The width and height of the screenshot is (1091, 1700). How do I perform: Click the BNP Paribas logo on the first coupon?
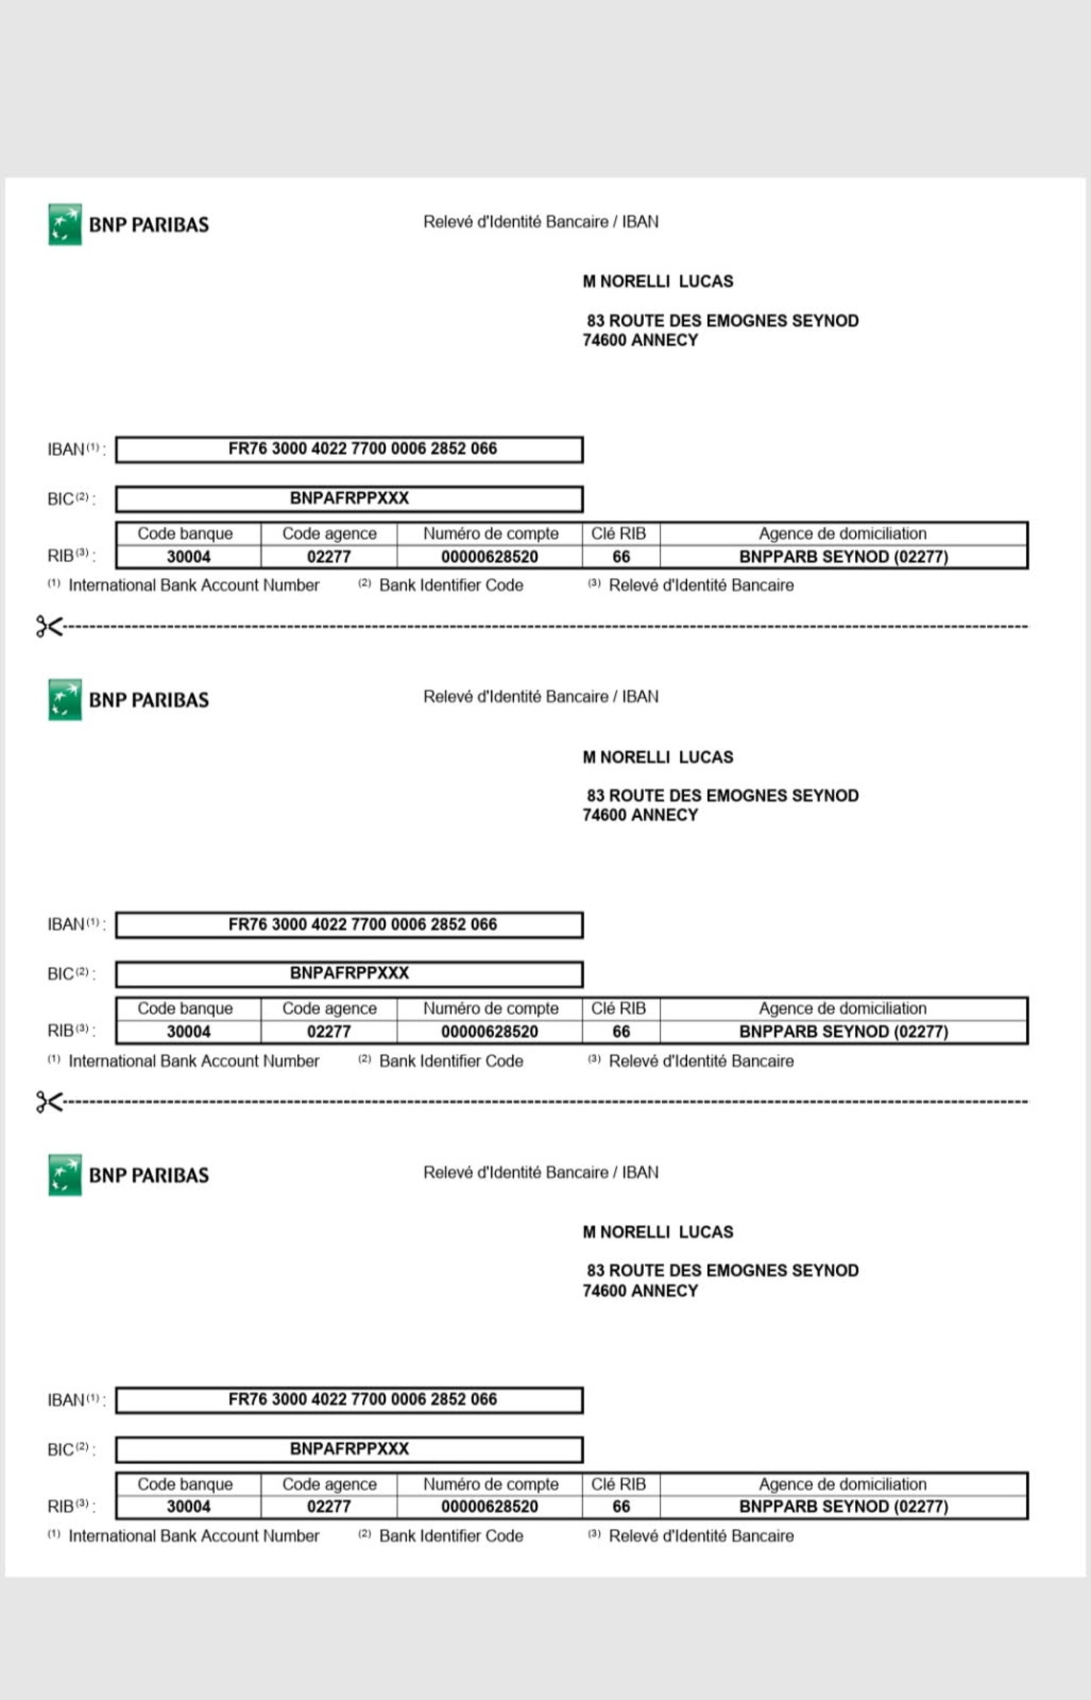pyautogui.click(x=128, y=225)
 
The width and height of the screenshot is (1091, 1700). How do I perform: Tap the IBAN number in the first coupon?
pyautogui.click(x=362, y=448)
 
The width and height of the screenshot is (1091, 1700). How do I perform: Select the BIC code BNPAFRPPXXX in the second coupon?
pyautogui.click(x=349, y=973)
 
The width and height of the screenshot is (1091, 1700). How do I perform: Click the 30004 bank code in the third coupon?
pyautogui.click(x=188, y=1507)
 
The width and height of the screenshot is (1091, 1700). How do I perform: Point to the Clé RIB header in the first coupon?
pyautogui.click(x=619, y=534)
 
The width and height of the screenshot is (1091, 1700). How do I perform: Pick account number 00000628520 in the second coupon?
pyautogui.click(x=489, y=1031)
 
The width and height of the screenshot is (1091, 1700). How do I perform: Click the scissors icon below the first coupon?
pyautogui.click(x=49, y=626)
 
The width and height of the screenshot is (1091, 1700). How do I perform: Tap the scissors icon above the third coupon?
pyautogui.click(x=49, y=1102)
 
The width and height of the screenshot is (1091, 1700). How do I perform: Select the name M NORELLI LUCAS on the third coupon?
pyautogui.click(x=657, y=1232)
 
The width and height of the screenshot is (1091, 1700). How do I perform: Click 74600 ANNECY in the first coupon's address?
pyautogui.click(x=640, y=340)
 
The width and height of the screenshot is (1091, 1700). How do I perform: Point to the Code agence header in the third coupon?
pyautogui.click(x=329, y=1484)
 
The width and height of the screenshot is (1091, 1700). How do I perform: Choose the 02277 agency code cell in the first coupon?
pyautogui.click(x=329, y=556)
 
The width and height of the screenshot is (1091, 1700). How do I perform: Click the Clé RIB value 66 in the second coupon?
pyautogui.click(x=621, y=1031)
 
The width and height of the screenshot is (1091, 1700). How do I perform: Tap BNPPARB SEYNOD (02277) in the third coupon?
pyautogui.click(x=843, y=1507)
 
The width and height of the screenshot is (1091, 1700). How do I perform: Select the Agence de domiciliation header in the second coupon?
pyautogui.click(x=842, y=1008)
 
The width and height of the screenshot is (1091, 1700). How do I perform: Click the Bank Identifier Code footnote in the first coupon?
pyautogui.click(x=451, y=585)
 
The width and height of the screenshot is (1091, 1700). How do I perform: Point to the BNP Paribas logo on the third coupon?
pyautogui.click(x=128, y=1175)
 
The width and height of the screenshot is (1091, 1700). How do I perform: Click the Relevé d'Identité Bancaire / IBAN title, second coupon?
pyautogui.click(x=541, y=697)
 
